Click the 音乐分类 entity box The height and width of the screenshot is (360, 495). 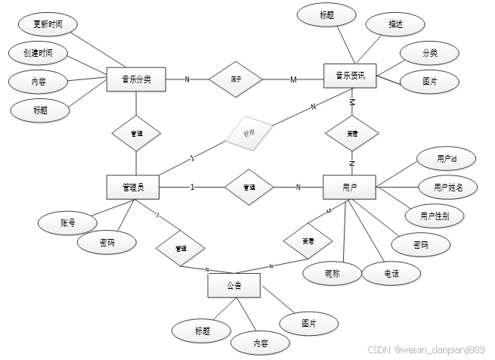click(x=136, y=79)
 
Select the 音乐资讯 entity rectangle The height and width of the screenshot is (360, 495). click(x=350, y=76)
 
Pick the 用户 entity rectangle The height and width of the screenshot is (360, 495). click(x=349, y=187)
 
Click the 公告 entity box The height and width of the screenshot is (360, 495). click(x=234, y=286)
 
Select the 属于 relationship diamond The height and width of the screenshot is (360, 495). click(x=236, y=79)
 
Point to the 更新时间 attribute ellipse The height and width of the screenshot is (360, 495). click(x=48, y=25)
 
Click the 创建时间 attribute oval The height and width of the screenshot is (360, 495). click(x=38, y=53)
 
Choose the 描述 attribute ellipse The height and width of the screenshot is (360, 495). click(x=395, y=24)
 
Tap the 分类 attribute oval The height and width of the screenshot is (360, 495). click(x=429, y=53)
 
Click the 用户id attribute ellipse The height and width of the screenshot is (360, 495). click(x=446, y=160)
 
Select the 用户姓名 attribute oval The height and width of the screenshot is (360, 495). click(x=448, y=188)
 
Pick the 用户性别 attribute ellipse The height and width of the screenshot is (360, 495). click(x=441, y=216)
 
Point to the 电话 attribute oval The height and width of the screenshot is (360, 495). click(x=391, y=272)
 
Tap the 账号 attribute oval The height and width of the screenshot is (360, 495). click(x=68, y=223)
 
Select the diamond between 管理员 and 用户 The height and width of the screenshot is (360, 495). click(x=249, y=187)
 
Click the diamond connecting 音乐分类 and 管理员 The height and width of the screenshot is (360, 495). click(x=136, y=134)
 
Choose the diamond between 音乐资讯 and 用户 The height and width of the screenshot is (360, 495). click(x=352, y=134)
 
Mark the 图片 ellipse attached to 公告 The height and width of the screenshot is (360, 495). click(x=308, y=323)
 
